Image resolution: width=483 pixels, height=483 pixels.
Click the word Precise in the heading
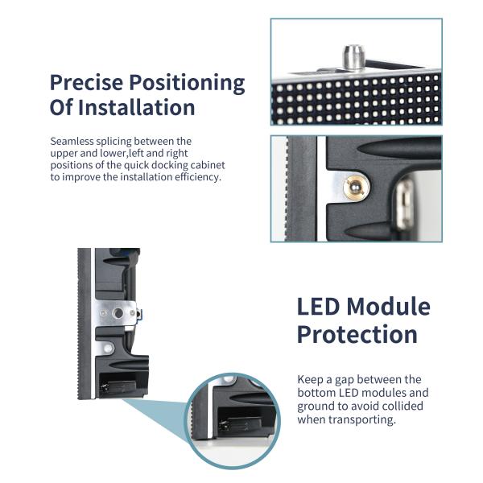(x=86, y=82)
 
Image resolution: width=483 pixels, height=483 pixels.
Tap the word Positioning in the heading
(x=187, y=84)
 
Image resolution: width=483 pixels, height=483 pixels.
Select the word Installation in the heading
(x=137, y=107)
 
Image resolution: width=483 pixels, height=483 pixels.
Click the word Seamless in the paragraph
(x=72, y=141)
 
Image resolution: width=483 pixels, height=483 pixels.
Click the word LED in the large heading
(x=319, y=307)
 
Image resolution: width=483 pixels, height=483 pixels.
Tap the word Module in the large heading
(x=389, y=307)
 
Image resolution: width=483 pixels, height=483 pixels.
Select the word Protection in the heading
(x=357, y=335)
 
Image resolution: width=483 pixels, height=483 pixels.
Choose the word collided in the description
(x=402, y=406)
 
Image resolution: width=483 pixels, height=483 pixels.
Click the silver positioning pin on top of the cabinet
(x=354, y=57)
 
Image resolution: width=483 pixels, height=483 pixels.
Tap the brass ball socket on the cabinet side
(x=357, y=188)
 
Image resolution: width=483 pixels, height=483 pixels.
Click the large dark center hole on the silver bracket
(x=118, y=313)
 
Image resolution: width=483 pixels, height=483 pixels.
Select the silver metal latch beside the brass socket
(x=404, y=204)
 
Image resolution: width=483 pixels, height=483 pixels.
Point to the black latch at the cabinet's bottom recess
(x=118, y=386)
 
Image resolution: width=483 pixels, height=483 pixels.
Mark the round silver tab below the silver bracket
(x=108, y=349)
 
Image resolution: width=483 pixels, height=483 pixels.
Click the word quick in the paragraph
(x=136, y=165)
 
